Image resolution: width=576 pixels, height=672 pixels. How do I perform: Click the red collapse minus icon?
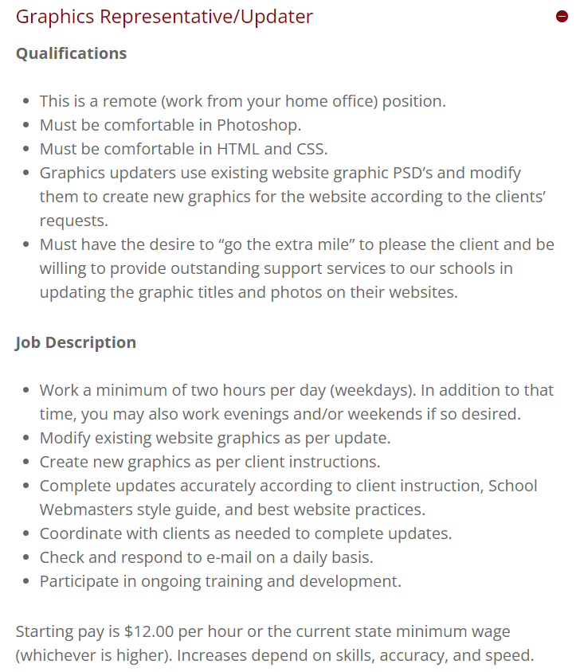(x=562, y=16)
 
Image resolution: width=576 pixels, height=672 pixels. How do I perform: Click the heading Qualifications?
(x=71, y=53)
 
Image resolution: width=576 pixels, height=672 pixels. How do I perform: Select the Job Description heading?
(x=76, y=342)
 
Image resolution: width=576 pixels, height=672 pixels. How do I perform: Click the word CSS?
(x=312, y=149)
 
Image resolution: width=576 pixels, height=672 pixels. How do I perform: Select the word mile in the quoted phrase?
(x=335, y=244)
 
